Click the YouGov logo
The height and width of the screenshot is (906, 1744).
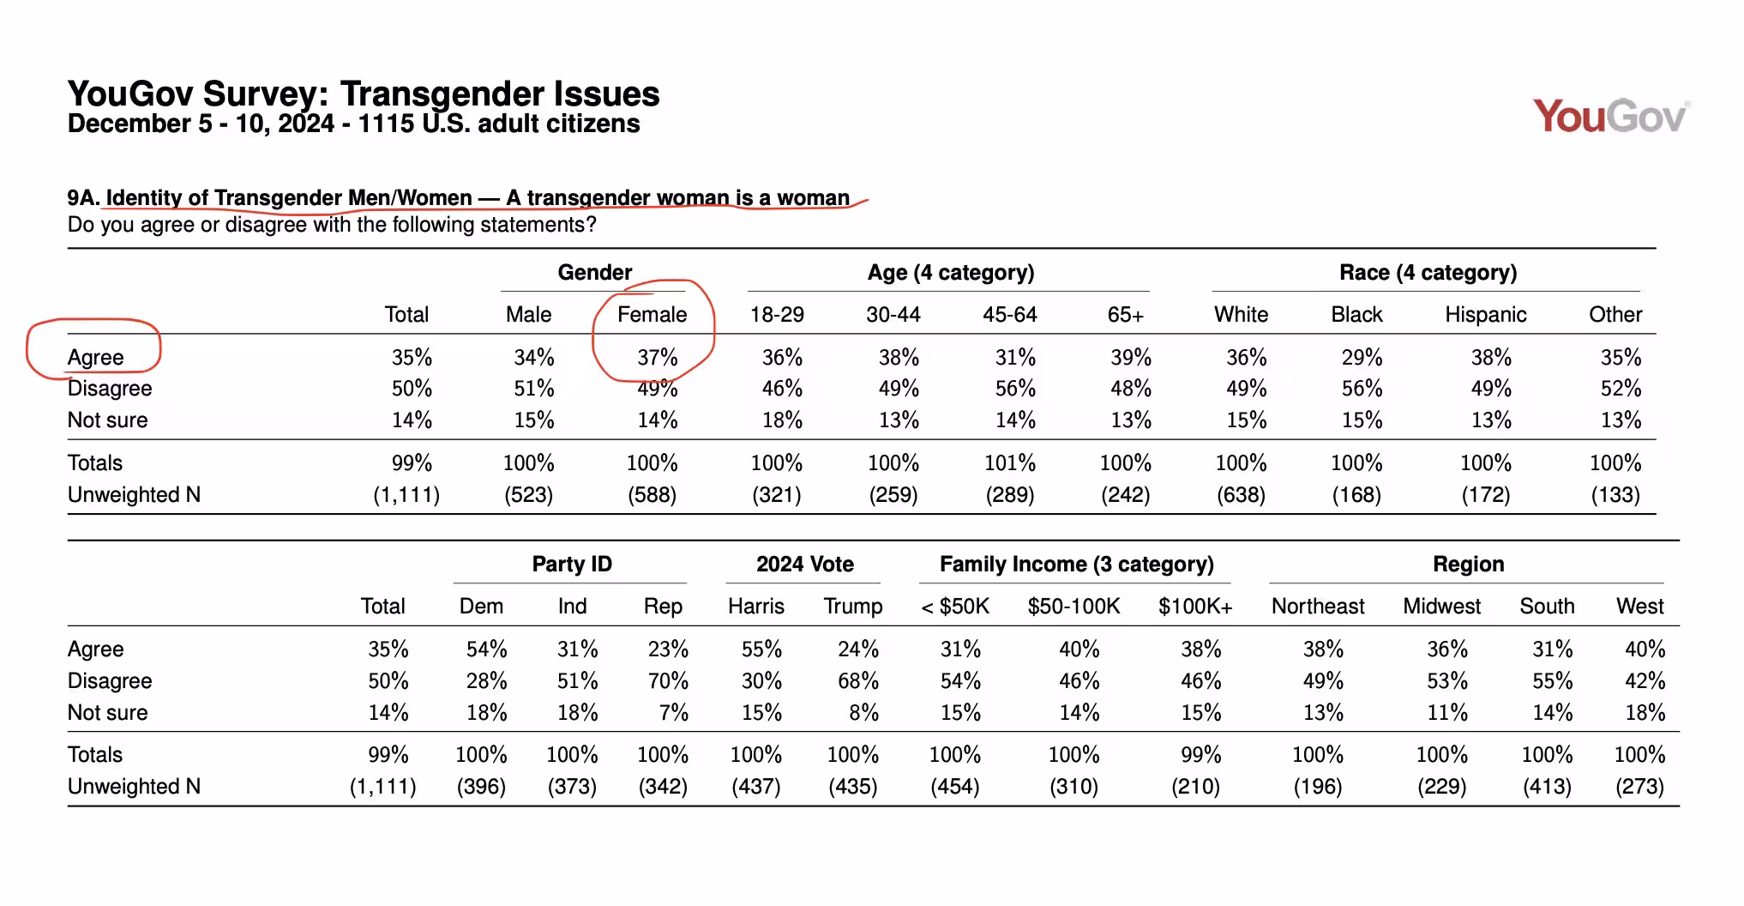click(1611, 117)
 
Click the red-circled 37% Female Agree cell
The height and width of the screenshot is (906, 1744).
click(657, 357)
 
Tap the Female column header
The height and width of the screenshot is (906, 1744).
click(652, 314)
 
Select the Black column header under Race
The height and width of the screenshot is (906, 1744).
click(1356, 314)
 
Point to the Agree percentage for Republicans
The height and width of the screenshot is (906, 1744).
click(668, 649)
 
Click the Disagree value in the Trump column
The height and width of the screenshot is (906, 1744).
click(858, 680)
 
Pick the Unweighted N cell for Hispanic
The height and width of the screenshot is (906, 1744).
click(1485, 494)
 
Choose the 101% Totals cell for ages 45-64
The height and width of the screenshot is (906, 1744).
click(1009, 462)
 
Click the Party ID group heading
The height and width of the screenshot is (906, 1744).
click(572, 564)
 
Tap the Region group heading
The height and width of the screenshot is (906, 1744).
click(1468, 564)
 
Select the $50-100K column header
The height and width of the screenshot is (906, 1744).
click(1073, 606)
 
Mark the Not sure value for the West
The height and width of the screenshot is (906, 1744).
click(1645, 712)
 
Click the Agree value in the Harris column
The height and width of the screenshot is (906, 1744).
click(761, 649)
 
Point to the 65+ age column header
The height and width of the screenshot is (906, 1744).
click(1125, 314)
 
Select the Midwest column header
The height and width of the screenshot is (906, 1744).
click(1441, 606)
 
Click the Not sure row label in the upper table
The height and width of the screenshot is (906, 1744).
click(107, 420)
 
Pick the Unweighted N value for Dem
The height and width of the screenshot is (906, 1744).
click(481, 786)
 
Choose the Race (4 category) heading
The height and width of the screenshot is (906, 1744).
click(1428, 273)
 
